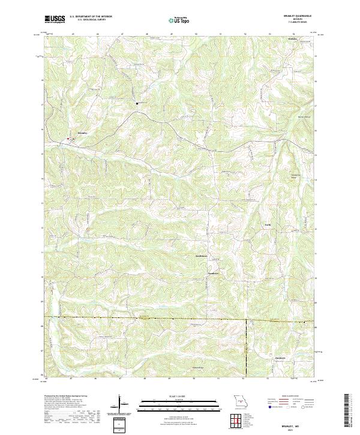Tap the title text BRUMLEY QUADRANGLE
tap(302, 16)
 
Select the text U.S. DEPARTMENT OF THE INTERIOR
tap(91, 16)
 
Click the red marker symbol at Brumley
tap(68, 139)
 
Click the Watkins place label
tap(293, 38)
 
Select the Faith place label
tap(268, 224)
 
